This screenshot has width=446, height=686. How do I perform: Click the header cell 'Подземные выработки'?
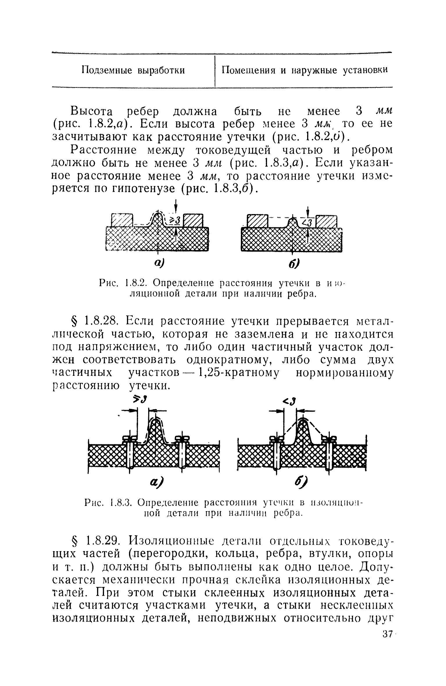click(133, 70)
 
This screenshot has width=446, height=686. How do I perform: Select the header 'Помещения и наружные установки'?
click(305, 70)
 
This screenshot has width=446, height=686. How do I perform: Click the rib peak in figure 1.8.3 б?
click(303, 420)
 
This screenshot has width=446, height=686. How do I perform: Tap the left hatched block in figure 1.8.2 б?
click(257, 222)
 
